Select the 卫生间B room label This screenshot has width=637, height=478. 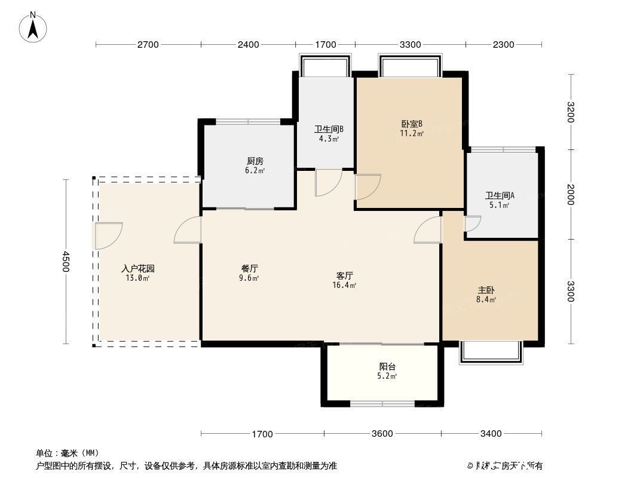tap(328, 129)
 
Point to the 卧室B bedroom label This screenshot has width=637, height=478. tap(412, 124)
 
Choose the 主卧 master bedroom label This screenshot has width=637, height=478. tap(486, 290)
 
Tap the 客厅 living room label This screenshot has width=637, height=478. tap(345, 275)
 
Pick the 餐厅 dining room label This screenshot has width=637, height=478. tap(250, 269)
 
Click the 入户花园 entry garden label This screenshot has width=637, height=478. tap(138, 268)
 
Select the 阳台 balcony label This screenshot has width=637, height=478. tap(387, 367)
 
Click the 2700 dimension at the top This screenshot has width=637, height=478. tap(148, 44)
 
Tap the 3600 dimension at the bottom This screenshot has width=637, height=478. tap(382, 434)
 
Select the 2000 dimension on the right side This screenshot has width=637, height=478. tap(571, 194)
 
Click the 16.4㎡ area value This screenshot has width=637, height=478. tap(345, 286)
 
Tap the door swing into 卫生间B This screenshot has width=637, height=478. tap(328, 182)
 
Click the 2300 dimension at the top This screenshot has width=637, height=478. tap(504, 44)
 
